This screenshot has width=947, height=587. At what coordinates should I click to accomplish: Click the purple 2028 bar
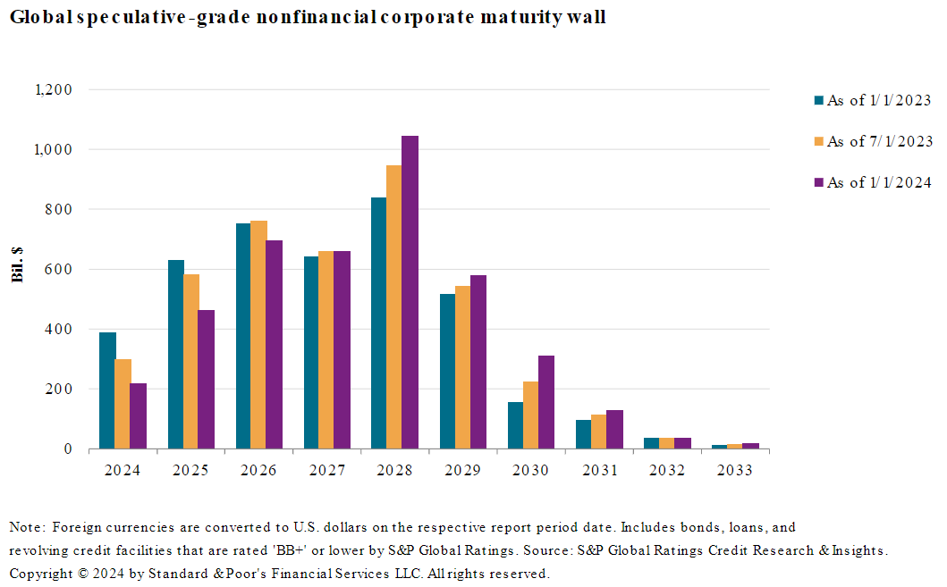pyautogui.click(x=410, y=292)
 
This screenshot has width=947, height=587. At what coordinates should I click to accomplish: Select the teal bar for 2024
pyautogui.click(x=107, y=390)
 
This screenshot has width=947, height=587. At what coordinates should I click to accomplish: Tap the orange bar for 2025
pyautogui.click(x=191, y=361)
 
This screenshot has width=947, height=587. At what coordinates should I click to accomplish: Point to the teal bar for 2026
pyautogui.click(x=243, y=336)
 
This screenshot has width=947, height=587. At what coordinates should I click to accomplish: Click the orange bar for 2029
pyautogui.click(x=463, y=367)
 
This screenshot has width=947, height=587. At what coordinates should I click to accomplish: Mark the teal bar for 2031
pyautogui.click(x=584, y=434)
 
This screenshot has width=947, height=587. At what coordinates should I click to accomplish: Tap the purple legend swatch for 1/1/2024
pyautogui.click(x=817, y=182)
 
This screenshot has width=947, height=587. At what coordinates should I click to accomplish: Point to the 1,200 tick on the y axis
pyautogui.click(x=53, y=89)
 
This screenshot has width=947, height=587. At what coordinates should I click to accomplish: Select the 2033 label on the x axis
pyautogui.click(x=735, y=471)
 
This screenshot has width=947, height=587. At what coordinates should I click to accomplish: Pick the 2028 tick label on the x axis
pyautogui.click(x=394, y=471)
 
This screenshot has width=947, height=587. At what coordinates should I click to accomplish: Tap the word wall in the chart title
pyautogui.click(x=586, y=17)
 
